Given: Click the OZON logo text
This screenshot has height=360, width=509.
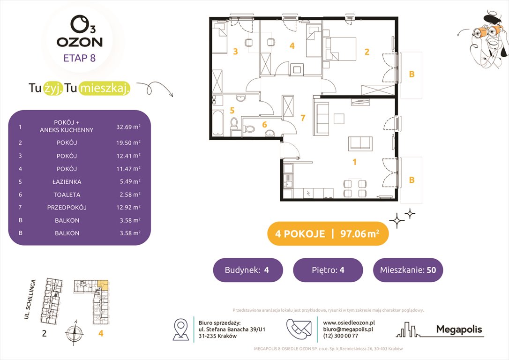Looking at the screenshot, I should [x=79, y=42].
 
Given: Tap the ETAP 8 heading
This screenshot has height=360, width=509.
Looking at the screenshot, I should [x=79, y=59].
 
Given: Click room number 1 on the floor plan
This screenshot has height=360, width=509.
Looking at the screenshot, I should [x=355, y=162].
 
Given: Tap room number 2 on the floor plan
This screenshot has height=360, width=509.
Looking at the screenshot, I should [x=367, y=52].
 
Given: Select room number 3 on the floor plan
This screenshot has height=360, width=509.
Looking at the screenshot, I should [x=236, y=52].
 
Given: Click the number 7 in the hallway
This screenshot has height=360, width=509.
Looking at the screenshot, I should [x=303, y=118].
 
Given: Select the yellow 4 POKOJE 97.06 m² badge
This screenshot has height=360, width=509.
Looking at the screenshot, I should [x=328, y=234].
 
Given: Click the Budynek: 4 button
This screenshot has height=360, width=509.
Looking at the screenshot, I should [x=248, y=270].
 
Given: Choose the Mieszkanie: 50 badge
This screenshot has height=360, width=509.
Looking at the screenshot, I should [x=408, y=270].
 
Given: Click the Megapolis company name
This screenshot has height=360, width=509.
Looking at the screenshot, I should [x=459, y=330].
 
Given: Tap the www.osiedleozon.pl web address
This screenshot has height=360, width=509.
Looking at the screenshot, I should [x=349, y=322].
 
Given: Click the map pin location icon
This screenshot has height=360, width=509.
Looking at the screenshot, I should [x=181, y=329].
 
